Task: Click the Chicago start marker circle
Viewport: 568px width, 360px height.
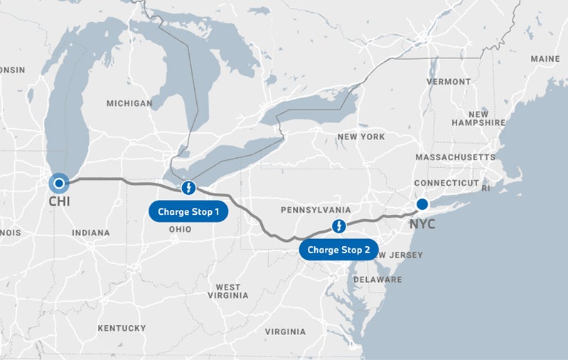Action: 59,184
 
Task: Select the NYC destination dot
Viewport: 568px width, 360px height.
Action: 422,204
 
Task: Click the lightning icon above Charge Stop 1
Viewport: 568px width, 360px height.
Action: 188,188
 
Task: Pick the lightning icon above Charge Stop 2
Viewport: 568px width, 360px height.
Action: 340,226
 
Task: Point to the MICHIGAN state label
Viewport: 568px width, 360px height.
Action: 129,103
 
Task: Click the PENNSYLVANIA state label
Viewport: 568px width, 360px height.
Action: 316,211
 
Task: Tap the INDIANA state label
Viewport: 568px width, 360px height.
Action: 90,233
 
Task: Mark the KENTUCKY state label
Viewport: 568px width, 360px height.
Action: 122,329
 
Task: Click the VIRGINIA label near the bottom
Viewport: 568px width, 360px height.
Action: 285,332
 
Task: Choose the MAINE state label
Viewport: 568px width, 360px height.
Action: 545,58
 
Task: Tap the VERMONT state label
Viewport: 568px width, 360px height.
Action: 448,82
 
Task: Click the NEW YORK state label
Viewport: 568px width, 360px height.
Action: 361,137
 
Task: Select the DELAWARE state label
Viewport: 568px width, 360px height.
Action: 377,280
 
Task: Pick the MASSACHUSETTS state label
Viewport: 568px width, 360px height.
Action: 455,157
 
